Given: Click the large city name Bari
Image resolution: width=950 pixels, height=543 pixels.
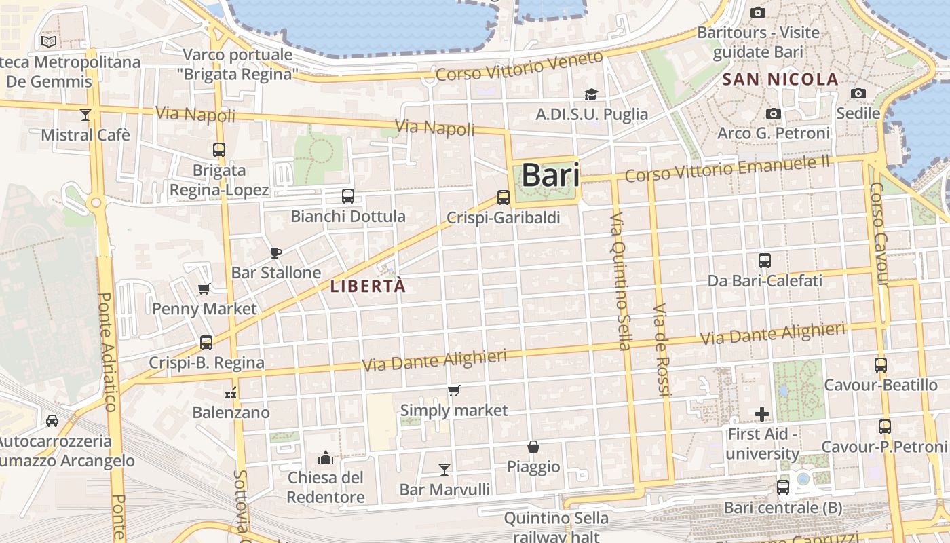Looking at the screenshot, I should (x=550, y=175).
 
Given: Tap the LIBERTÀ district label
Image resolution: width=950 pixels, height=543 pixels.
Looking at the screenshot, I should (x=368, y=286).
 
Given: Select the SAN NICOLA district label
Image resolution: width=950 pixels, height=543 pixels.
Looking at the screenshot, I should (x=780, y=79).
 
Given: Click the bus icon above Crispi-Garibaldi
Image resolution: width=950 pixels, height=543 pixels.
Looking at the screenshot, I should (x=503, y=198).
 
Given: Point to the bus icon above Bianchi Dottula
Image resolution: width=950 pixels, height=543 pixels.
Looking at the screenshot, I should (x=348, y=196).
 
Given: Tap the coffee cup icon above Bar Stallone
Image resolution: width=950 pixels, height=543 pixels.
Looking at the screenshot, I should (x=275, y=252).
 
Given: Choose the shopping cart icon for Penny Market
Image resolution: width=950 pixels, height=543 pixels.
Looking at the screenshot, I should (x=204, y=289).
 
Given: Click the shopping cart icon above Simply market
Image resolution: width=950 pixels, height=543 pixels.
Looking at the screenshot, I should (x=453, y=390).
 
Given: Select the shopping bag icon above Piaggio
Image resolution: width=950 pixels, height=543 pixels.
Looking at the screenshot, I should (x=533, y=447).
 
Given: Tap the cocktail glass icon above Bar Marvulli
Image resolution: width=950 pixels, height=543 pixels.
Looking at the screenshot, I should (x=444, y=469).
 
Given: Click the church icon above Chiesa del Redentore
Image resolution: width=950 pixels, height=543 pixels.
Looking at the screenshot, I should (x=326, y=457).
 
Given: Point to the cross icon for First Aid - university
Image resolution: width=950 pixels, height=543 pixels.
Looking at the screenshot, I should (x=762, y=413).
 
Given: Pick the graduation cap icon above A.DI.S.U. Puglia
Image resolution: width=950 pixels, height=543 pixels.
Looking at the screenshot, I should (x=592, y=94).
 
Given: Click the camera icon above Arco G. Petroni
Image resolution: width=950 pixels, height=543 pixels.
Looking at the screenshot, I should (x=773, y=113).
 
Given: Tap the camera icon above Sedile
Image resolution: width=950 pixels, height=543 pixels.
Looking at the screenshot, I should (x=858, y=93).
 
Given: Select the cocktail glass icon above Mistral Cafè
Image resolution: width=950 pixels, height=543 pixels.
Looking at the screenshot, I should (x=85, y=115).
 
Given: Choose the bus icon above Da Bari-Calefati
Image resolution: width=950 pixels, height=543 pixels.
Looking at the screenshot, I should (x=765, y=260).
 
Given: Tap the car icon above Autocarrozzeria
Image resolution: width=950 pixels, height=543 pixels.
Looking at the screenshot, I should (x=52, y=421).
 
